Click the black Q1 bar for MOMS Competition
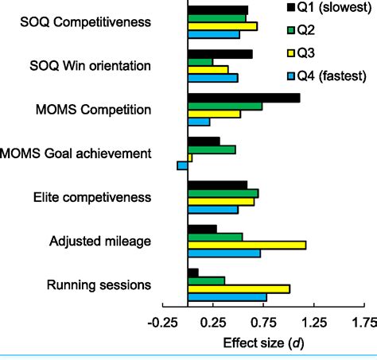pos(243,98)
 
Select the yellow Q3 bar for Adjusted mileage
pos(247,245)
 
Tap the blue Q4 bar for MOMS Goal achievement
pos(182,166)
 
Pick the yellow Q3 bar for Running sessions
pos(239,288)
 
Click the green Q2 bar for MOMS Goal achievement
pos(212,149)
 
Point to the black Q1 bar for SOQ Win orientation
pos(220,54)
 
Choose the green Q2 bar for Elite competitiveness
pos(223,193)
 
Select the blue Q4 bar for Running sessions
pos(227,297)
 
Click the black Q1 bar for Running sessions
pos(192,273)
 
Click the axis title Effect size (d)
pos(263,343)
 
